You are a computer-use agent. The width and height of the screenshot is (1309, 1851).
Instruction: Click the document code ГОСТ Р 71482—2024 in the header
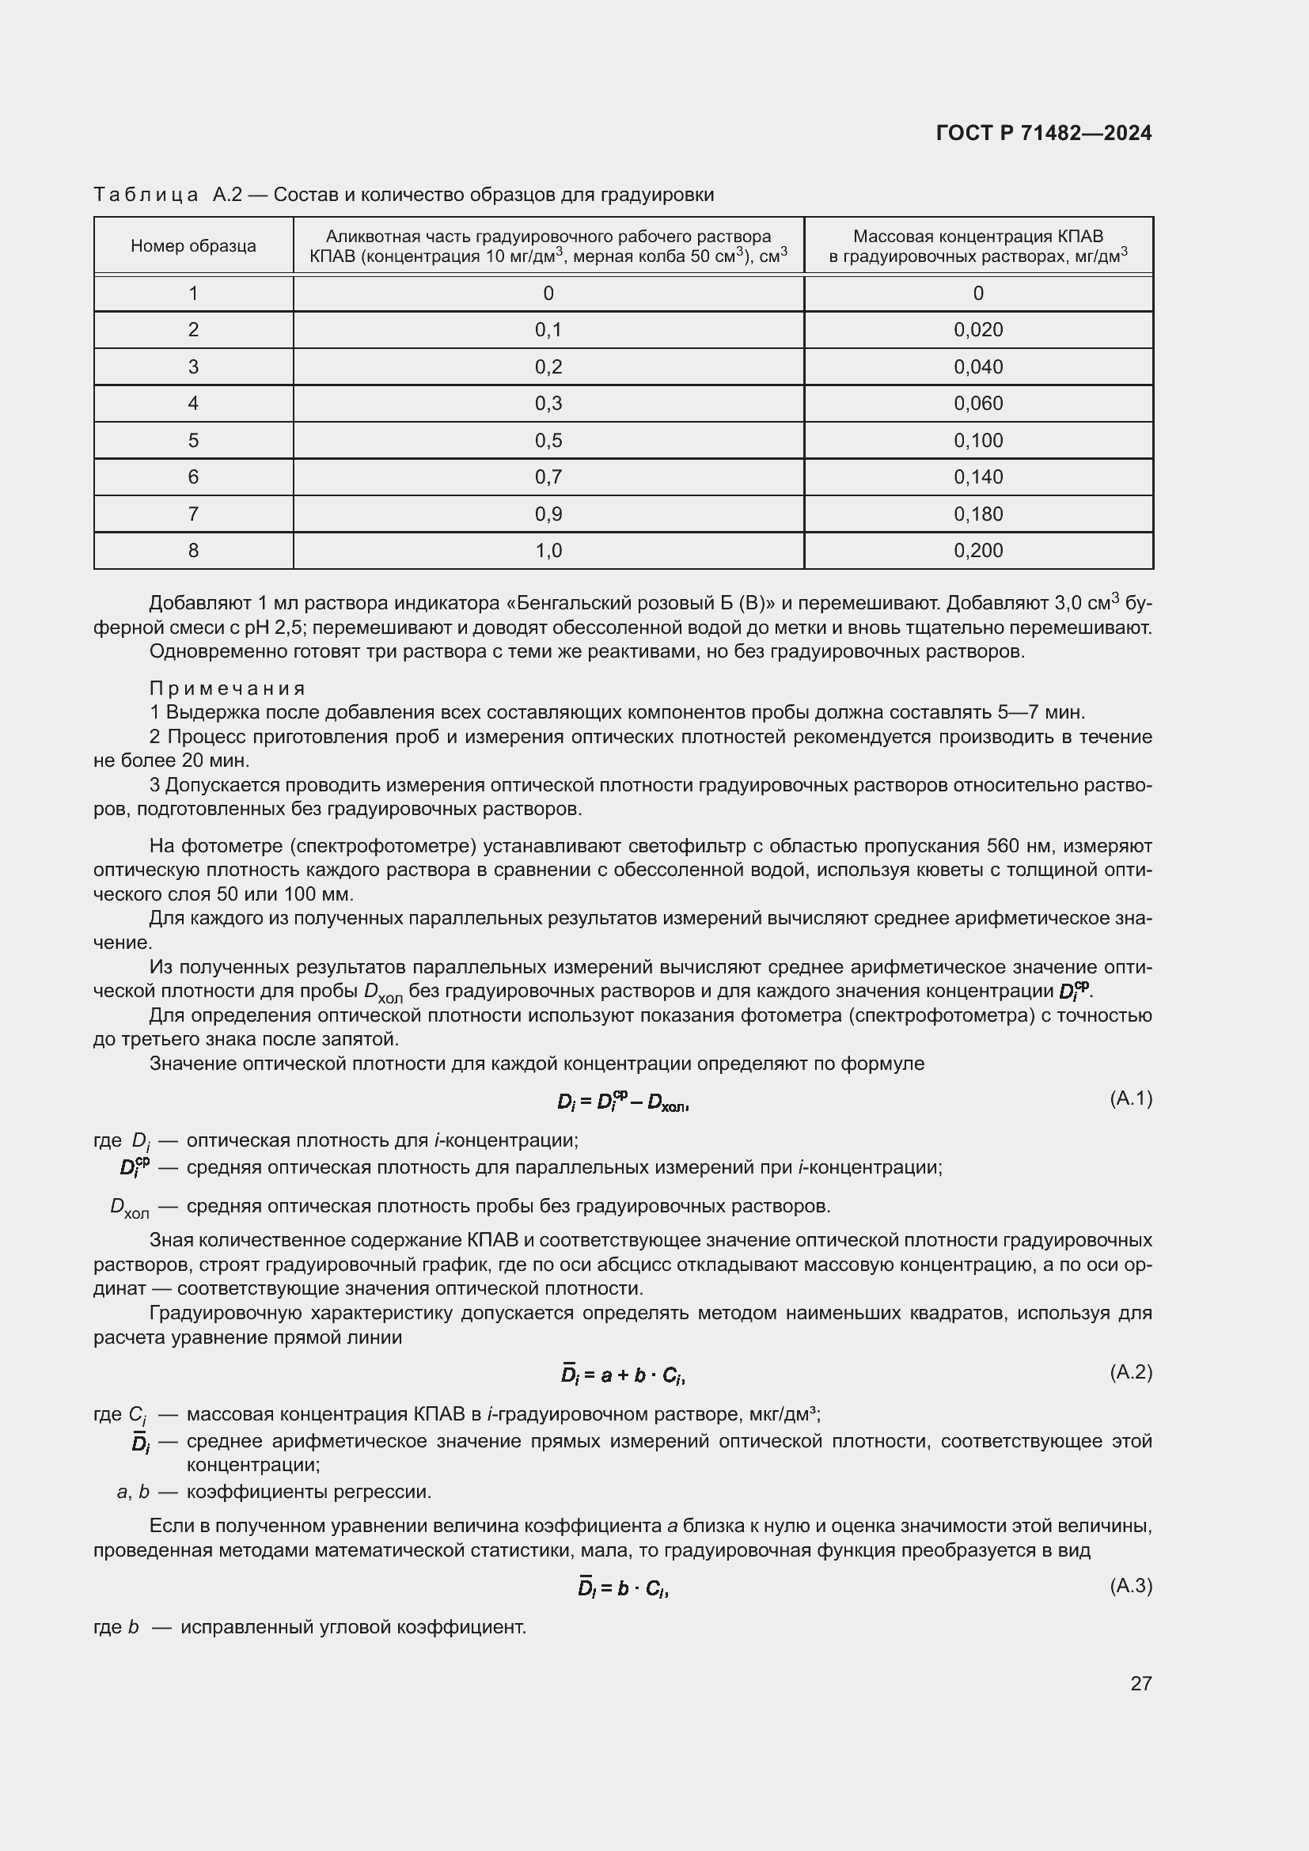[x=1044, y=133]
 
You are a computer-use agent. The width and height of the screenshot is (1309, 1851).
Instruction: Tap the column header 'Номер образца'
[x=193, y=246]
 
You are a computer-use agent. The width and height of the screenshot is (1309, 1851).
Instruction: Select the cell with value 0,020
[x=977, y=330]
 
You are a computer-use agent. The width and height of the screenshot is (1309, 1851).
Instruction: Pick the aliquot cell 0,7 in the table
[x=548, y=476]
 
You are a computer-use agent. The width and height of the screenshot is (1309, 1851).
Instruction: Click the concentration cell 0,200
[x=977, y=551]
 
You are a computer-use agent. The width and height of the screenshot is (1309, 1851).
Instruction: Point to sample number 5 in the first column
[x=193, y=440]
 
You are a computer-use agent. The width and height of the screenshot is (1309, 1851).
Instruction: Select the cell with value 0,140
[x=977, y=476]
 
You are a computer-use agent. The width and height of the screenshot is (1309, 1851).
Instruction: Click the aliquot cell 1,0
[x=548, y=551]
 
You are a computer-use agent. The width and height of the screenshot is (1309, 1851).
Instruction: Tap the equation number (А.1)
[x=1131, y=1098]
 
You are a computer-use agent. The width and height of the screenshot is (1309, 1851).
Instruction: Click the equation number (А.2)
[x=1131, y=1371]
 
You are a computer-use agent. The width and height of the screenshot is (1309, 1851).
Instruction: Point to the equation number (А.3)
[x=1131, y=1586]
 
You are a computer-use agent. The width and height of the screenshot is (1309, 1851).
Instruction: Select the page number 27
[x=1140, y=1683]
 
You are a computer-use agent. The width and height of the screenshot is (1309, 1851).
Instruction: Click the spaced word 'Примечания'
[x=227, y=688]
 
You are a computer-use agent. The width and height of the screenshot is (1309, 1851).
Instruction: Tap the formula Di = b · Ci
[x=623, y=1588]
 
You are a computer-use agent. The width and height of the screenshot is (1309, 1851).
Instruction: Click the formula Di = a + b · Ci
[x=623, y=1375]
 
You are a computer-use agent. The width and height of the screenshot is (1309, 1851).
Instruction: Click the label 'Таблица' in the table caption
[x=146, y=195]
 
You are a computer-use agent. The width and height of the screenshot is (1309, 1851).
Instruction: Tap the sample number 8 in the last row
[x=193, y=551]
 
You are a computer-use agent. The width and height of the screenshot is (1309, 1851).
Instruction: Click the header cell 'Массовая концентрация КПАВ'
[x=977, y=236]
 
